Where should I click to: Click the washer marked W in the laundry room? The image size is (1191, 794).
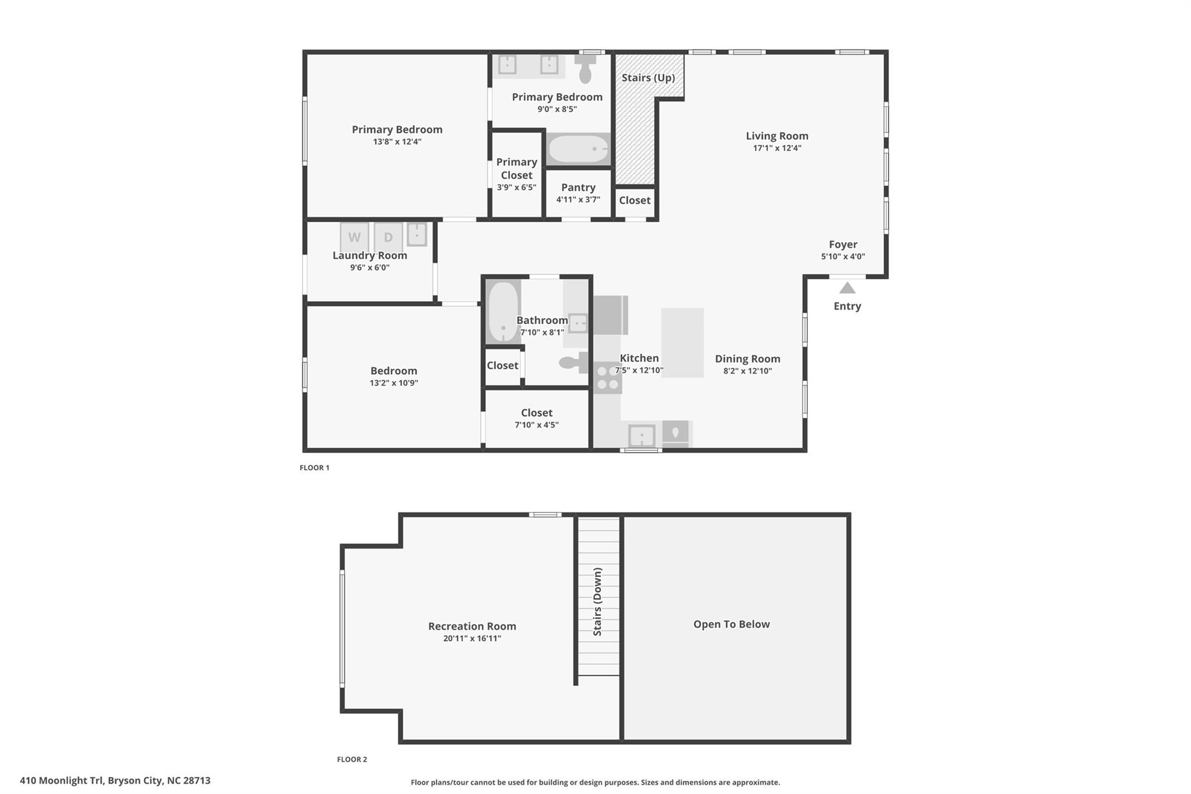point(354,237)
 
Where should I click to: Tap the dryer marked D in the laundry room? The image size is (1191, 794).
point(388,237)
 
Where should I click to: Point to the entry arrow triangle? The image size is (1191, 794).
point(847,288)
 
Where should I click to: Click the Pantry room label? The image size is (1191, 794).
point(578,187)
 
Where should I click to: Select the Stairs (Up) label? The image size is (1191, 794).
point(648,77)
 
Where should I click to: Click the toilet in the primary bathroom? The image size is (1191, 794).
point(586,69)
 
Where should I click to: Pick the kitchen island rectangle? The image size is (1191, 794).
point(683,343)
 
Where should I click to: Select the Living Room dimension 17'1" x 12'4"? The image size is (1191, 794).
point(777,148)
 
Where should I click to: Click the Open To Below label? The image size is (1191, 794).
point(732,624)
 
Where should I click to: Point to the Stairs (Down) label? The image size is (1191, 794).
point(597,601)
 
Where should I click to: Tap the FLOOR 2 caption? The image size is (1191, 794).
point(352,759)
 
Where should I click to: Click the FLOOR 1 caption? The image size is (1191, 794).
point(315,468)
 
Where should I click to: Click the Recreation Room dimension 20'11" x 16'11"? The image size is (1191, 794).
point(472,639)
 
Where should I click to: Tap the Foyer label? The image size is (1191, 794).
point(843,245)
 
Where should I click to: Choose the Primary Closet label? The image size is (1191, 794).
point(516,169)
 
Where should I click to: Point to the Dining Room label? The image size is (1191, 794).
point(748,359)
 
